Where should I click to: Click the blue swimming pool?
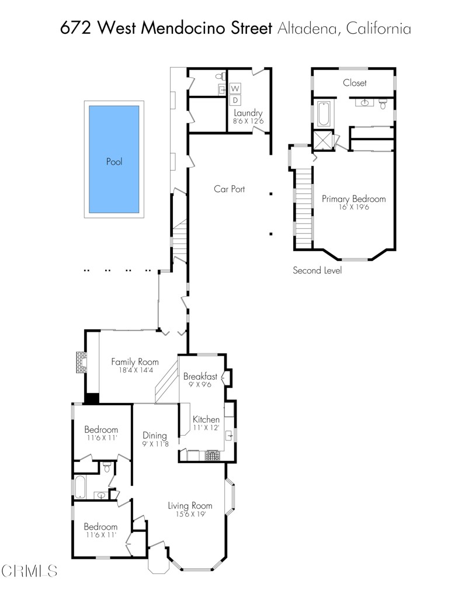(x=114, y=159)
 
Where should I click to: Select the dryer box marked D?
(x=236, y=100)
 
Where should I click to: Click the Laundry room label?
(x=248, y=113)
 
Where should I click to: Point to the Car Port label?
(x=229, y=189)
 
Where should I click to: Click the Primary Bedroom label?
(x=353, y=199)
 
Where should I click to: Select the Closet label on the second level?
(x=355, y=83)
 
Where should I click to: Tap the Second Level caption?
(x=317, y=270)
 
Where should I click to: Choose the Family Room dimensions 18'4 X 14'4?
(x=135, y=370)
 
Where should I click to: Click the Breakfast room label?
(x=200, y=376)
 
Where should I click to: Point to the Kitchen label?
(x=206, y=419)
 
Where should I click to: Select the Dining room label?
(x=155, y=435)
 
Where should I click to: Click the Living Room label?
(x=190, y=506)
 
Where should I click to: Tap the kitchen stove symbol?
(x=212, y=454)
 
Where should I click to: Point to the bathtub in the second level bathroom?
(x=324, y=114)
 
